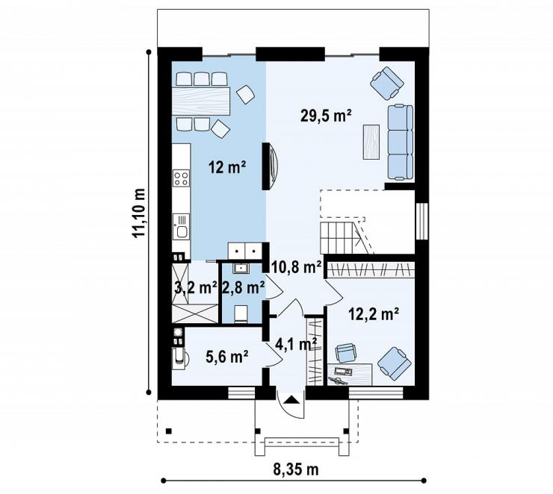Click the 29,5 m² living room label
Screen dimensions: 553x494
(x=326, y=116)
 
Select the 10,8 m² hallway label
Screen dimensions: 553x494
(x=297, y=267)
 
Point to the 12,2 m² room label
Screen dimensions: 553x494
(x=374, y=313)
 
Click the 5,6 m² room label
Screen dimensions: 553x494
(x=227, y=357)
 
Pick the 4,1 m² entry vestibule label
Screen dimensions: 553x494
(x=295, y=344)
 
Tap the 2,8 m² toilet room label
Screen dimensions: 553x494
(x=244, y=287)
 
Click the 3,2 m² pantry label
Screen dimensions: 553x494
(x=196, y=287)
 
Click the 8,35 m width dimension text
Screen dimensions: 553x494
(x=296, y=469)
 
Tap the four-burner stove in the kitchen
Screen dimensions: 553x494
(x=182, y=178)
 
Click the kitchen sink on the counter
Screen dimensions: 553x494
(x=182, y=227)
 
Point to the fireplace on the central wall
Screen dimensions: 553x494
(x=271, y=166)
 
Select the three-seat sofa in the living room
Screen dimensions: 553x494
(x=401, y=143)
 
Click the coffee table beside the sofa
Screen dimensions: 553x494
(x=371, y=142)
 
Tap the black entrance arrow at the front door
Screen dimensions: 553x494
(x=291, y=400)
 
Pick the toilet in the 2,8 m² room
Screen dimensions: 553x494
(x=241, y=314)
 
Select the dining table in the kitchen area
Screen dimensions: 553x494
(x=201, y=101)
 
